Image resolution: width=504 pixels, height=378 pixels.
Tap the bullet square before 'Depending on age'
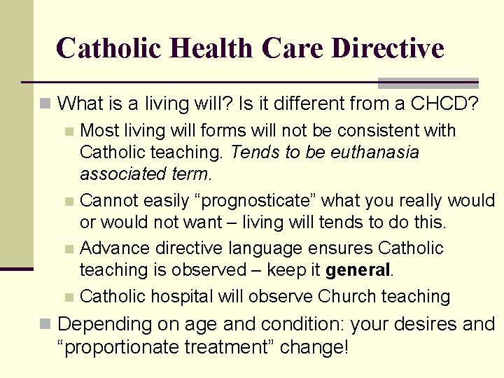tap(45, 325)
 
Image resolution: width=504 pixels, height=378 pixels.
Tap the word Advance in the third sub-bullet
tap(109, 248)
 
